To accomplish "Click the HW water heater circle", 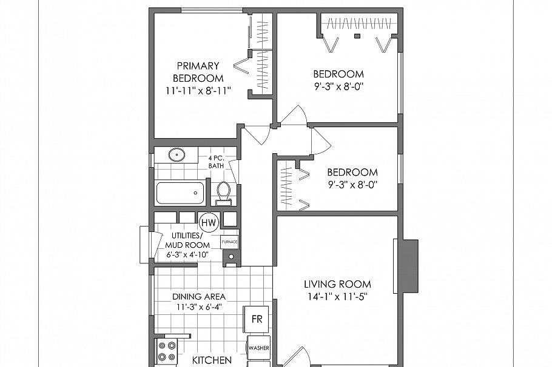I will [x=209, y=223].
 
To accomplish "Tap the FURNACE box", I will [x=229, y=240].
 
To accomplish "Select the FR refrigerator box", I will [x=257, y=319].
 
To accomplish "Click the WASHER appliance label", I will [x=258, y=348].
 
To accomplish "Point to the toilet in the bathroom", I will [x=223, y=192].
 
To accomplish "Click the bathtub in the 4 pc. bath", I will [x=179, y=193].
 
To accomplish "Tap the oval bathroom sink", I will [x=177, y=155].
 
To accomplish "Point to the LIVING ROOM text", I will [x=337, y=284].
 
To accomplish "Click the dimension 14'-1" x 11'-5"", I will [x=337, y=296].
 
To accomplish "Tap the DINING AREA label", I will [x=199, y=297].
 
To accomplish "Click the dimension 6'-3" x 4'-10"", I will [x=187, y=254].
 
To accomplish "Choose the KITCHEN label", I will [x=212, y=360].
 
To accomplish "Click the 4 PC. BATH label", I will [x=217, y=162].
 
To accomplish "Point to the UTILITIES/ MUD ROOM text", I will [x=187, y=240].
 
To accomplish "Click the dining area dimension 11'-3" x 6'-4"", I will [x=199, y=308].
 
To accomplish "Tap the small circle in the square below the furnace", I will [x=231, y=257].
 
